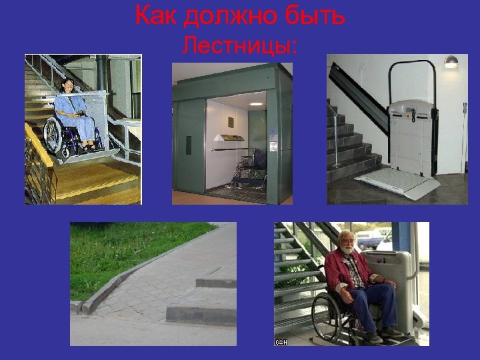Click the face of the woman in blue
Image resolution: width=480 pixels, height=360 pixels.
pos(68,86)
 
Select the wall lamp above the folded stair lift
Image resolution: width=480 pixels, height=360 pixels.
pos(452,62)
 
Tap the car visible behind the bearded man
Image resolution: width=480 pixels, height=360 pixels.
pos(371,238)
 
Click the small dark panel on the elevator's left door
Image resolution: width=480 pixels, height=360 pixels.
pos(189,145)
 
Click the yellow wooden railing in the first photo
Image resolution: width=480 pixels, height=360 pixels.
pos(39,160)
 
